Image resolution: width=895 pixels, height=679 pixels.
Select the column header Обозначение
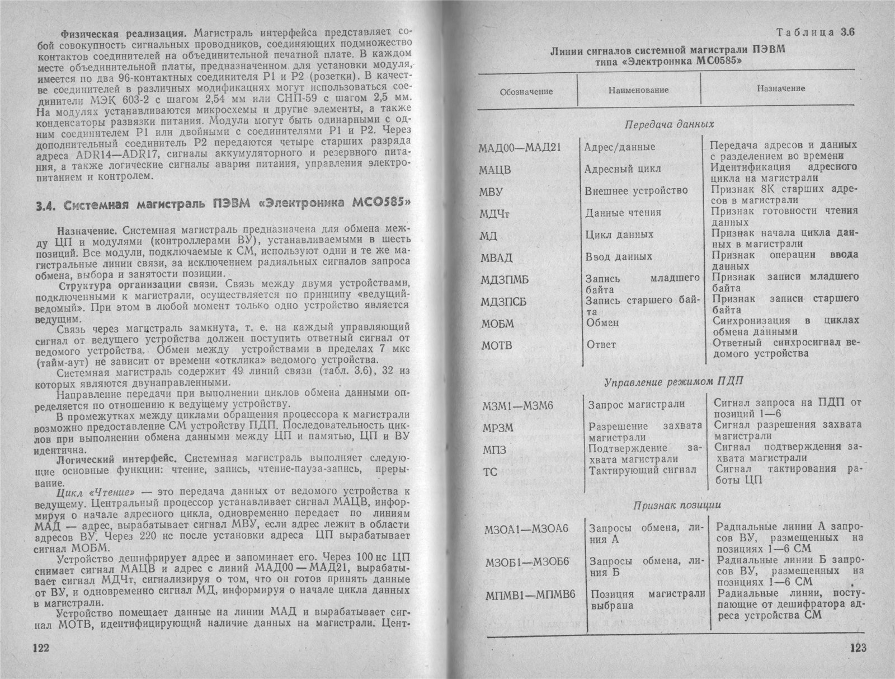point(526,91)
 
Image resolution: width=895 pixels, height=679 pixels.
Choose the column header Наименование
point(638,90)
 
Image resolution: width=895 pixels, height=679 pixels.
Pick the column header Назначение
point(781,88)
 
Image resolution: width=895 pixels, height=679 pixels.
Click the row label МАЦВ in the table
point(495,170)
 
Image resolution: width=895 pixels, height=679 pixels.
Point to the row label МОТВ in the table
point(497,345)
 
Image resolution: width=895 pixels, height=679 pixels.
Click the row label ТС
point(489,472)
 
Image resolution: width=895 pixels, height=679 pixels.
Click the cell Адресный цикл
point(622,168)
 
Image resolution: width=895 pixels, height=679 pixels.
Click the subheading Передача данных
point(668,124)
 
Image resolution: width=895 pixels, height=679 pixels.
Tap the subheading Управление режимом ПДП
point(673,382)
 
